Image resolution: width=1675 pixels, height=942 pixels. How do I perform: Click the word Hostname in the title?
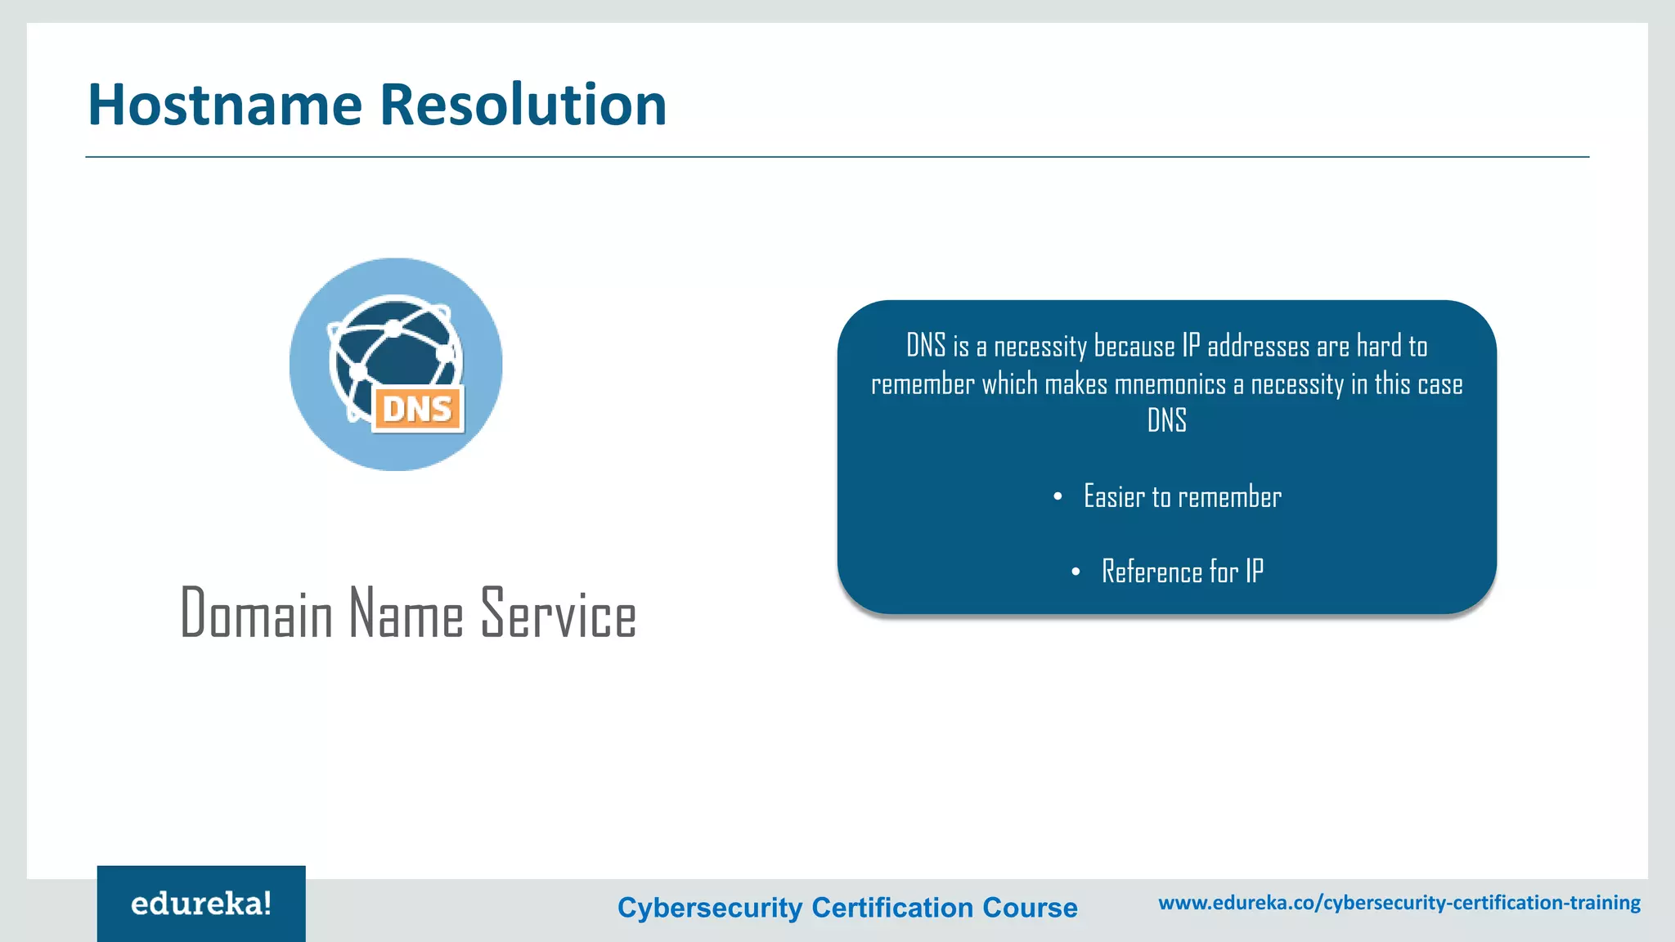pos(225,105)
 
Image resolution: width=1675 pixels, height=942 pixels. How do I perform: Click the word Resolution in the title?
pos(523,105)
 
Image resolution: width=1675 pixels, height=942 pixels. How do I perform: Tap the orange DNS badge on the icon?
pos(418,409)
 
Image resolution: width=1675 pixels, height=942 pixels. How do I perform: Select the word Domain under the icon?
pos(256,613)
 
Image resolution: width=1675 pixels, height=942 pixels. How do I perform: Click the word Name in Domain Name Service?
pos(406,613)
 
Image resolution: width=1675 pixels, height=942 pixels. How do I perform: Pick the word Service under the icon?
pos(559,613)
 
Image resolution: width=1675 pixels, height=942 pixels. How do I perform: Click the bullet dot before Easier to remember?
pos(1058,496)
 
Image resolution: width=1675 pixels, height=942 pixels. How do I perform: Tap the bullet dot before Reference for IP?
pos(1076,572)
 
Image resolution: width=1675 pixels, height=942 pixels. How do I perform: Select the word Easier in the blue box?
pos(1114,496)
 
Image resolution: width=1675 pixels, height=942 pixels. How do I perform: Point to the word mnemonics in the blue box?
pos(1170,384)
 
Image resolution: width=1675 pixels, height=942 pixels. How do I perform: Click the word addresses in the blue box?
pos(1259,347)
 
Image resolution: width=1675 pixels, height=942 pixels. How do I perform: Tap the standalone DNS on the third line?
pos(1166,420)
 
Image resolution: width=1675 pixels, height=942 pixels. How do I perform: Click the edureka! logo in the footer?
pos(201,904)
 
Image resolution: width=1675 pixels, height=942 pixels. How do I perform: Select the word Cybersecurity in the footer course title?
pos(710,908)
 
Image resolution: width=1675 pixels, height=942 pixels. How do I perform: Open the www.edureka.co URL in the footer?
pos(1399,903)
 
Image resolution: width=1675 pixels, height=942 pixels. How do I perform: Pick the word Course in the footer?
pos(1030,908)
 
